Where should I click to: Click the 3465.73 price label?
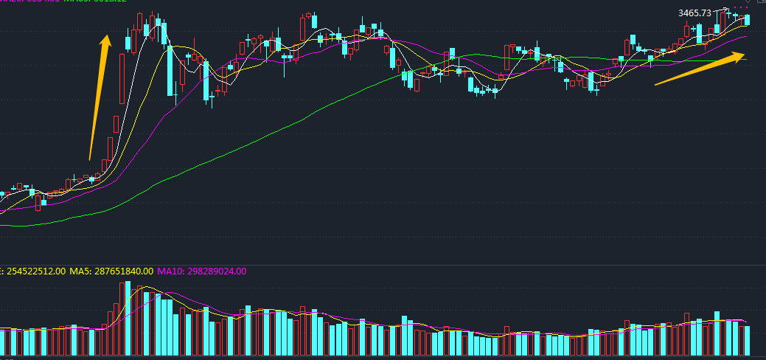click(694, 13)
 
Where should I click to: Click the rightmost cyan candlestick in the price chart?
click(747, 19)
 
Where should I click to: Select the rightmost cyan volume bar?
click(747, 339)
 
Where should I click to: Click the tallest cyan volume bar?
click(146, 323)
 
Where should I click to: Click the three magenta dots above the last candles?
click(738, 8)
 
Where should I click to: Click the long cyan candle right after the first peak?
click(171, 71)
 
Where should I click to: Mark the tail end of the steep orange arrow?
click(90, 159)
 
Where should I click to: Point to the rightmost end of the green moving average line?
click(745, 59)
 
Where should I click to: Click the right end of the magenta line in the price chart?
click(746, 35)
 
